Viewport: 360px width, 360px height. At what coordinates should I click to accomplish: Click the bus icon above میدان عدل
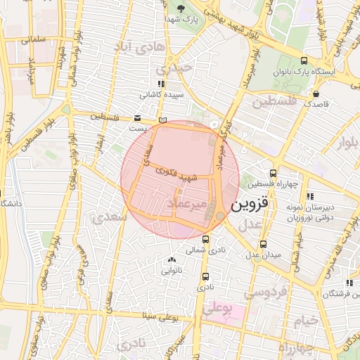click(263, 244)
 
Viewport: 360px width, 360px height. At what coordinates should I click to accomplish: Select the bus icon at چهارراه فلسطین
click(273, 173)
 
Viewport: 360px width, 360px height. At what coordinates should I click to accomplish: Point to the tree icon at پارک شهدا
click(181, 9)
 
